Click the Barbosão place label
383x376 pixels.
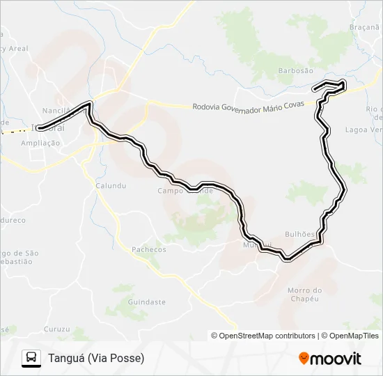point(296,70)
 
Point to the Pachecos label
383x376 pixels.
point(149,249)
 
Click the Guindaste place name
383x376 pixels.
point(147,302)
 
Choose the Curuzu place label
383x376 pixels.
point(56,329)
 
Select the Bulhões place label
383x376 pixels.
point(300,235)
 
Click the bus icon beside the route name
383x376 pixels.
point(31,358)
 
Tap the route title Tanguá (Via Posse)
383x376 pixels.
point(96,359)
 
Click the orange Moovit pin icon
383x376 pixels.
point(304,359)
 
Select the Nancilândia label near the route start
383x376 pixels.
point(58,111)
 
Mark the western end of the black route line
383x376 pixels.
point(40,127)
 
